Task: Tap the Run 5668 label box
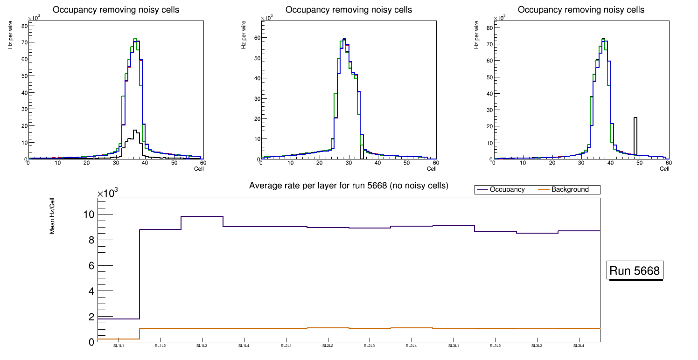tap(635, 271)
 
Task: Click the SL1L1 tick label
tap(119, 346)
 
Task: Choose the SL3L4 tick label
tap(579, 346)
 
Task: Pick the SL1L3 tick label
tap(202, 346)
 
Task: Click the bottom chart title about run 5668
tap(349, 186)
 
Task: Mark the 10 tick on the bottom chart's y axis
tap(88, 215)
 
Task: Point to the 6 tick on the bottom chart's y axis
tap(91, 266)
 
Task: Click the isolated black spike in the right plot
tap(635, 135)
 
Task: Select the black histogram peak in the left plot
tap(135, 131)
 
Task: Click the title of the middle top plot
tap(349, 10)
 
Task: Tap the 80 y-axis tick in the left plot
tap(24, 26)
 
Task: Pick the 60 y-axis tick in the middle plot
tap(257, 38)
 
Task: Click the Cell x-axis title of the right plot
tap(664, 169)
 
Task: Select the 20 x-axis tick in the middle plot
tap(320, 163)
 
